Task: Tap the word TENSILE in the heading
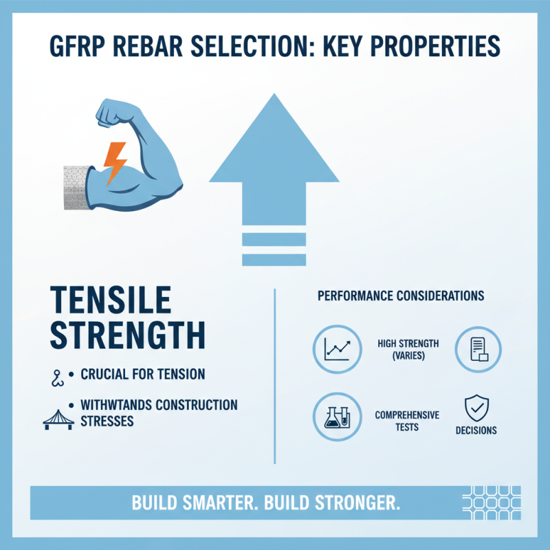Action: click(x=111, y=300)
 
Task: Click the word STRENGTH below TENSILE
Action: click(x=128, y=336)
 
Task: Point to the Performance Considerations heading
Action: click(x=401, y=296)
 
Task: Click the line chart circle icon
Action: click(x=336, y=349)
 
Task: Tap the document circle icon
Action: click(x=478, y=349)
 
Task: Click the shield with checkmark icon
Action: click(x=476, y=408)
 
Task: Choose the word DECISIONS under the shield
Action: click(x=476, y=430)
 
